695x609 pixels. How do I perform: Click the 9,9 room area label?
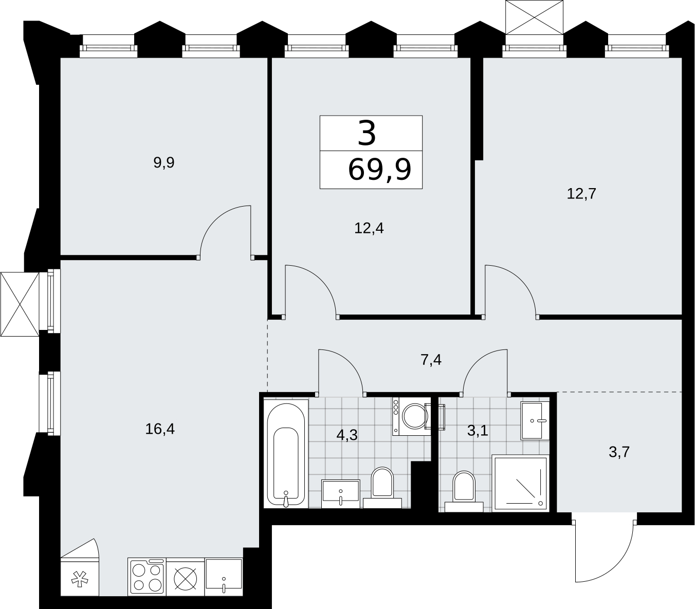[x=164, y=162]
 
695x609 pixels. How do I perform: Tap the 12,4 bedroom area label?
[x=369, y=228]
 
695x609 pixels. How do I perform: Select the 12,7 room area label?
[x=581, y=194]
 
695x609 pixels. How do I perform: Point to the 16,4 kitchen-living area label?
[x=160, y=429]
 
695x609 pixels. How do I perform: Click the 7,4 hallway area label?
[x=431, y=360]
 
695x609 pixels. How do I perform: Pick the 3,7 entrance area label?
[x=619, y=452]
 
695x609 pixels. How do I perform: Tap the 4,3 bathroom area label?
[x=347, y=435]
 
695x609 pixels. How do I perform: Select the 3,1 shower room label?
[x=478, y=431]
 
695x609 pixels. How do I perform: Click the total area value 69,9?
[x=379, y=170]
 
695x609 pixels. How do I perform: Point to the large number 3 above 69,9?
[x=367, y=134]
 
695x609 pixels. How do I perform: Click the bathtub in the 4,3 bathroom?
[x=286, y=454]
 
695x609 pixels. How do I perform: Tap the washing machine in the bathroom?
[x=412, y=416]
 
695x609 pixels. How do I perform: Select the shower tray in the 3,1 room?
[x=520, y=483]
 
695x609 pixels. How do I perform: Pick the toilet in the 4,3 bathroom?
[x=382, y=487]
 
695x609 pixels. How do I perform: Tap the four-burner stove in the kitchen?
[x=147, y=577]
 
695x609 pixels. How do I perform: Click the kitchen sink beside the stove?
[x=224, y=577]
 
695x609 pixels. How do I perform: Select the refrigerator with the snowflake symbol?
[x=80, y=577]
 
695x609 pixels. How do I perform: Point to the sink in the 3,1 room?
[x=535, y=420]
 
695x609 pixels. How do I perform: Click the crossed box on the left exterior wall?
[x=20, y=304]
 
